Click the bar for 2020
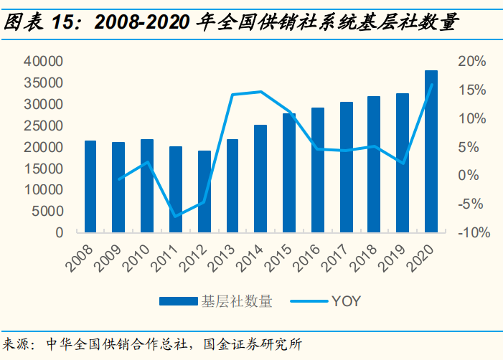[431, 151]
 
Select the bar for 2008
[90, 186]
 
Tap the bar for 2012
[205, 191]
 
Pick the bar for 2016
[318, 170]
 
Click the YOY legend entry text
[346, 302]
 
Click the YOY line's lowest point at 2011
[176, 217]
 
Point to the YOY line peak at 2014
[260, 92]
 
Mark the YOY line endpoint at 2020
[431, 85]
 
